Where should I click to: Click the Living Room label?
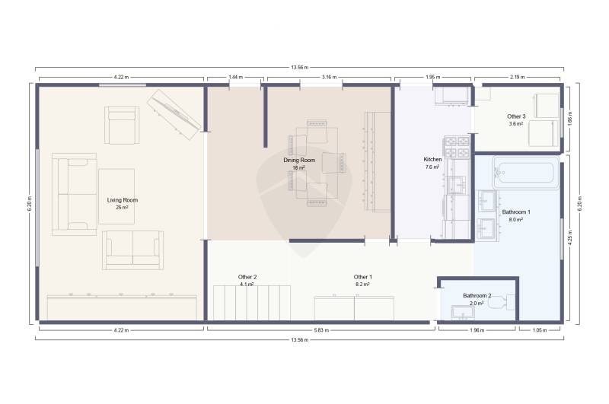pyautogui.click(x=123, y=200)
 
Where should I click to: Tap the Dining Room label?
pyautogui.click(x=299, y=161)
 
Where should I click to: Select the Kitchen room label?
pyautogui.click(x=432, y=160)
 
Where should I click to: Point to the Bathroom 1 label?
pyautogui.click(x=516, y=212)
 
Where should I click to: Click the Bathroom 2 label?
pyautogui.click(x=477, y=296)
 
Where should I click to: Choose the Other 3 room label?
pyautogui.click(x=516, y=116)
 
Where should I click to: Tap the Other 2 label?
pyautogui.click(x=247, y=277)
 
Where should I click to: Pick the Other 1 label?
pyautogui.click(x=363, y=277)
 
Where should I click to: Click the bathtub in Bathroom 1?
pyautogui.click(x=526, y=173)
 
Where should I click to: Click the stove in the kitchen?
pyautogui.click(x=458, y=146)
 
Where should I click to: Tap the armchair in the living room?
pyautogui.click(x=122, y=125)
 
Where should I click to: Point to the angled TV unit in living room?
pyautogui.click(x=174, y=114)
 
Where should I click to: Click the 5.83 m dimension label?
pyautogui.click(x=321, y=330)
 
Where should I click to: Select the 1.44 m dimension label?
pyautogui.click(x=235, y=78)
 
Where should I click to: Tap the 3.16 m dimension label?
pyautogui.click(x=329, y=78)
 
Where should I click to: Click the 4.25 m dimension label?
pyautogui.click(x=570, y=237)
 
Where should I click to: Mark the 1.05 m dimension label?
pyautogui.click(x=539, y=330)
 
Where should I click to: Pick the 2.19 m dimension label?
pyautogui.click(x=517, y=78)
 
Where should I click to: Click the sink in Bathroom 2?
pyautogui.click(x=463, y=313)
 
